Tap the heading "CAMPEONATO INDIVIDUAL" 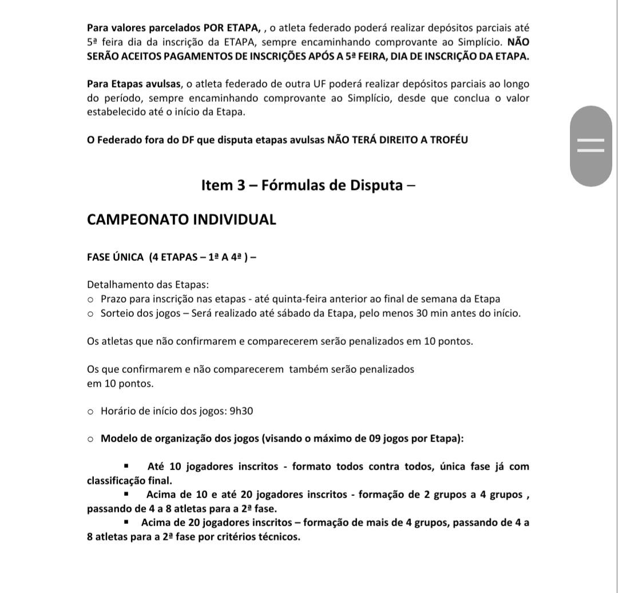pyautogui.click(x=181, y=220)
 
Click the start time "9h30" pyautogui.click(x=241, y=411)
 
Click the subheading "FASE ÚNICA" pyautogui.click(x=116, y=257)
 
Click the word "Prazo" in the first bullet pyautogui.click(x=114, y=299)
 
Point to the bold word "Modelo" pyautogui.click(x=119, y=439)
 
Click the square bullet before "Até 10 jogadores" pyautogui.click(x=126, y=466)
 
